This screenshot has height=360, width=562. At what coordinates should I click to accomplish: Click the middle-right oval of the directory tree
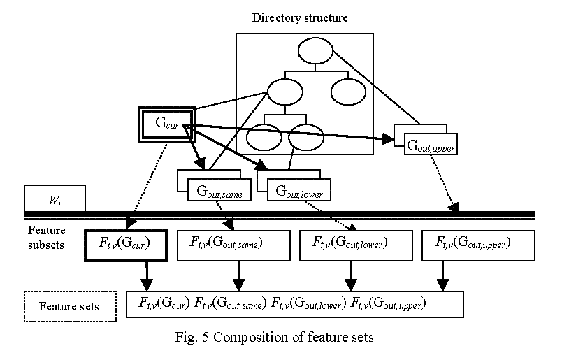click(x=348, y=92)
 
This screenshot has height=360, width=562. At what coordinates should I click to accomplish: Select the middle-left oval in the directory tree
click(x=284, y=92)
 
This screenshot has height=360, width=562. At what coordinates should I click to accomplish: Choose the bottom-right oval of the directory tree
click(x=305, y=138)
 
